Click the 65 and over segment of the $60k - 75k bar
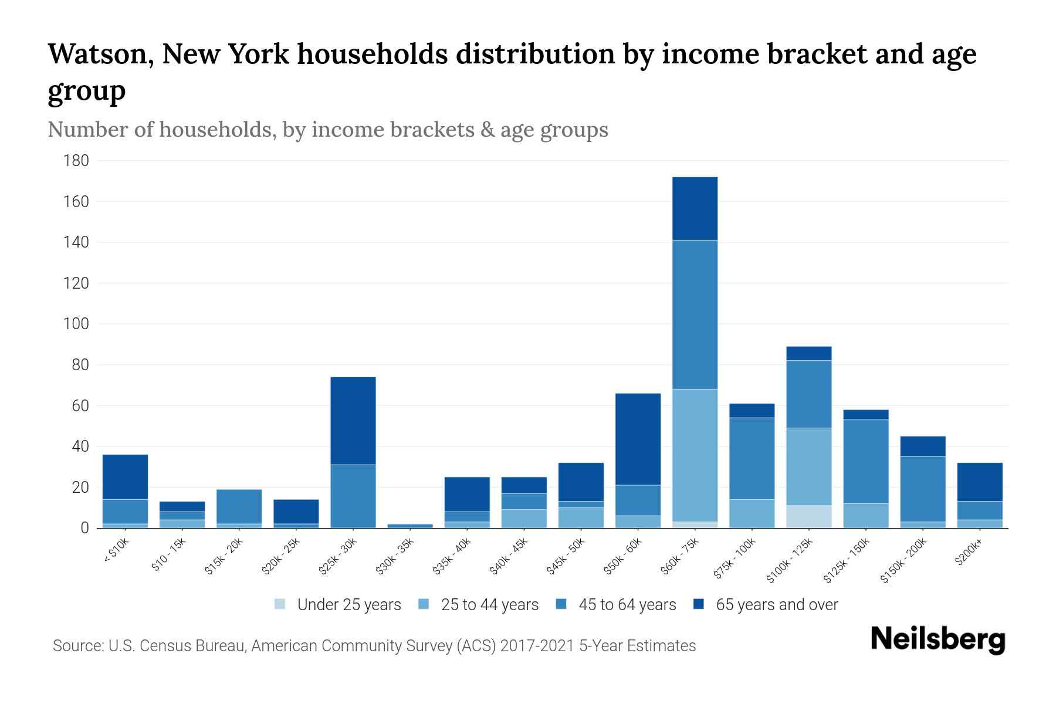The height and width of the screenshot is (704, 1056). (x=695, y=208)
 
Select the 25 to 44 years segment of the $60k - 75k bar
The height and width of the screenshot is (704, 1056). (x=695, y=455)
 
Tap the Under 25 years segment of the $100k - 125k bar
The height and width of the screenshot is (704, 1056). (x=808, y=516)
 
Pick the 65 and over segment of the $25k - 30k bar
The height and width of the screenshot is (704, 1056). (x=353, y=421)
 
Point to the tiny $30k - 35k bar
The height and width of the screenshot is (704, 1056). (x=409, y=526)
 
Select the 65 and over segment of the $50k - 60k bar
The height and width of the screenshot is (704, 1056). (x=638, y=439)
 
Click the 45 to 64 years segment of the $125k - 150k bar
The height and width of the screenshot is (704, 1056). (x=865, y=461)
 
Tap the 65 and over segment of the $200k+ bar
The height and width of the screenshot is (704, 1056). (x=979, y=482)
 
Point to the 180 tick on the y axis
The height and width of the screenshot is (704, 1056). (x=76, y=161)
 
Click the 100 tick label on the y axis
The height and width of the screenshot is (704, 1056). (x=76, y=324)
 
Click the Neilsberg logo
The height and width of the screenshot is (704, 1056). (x=937, y=639)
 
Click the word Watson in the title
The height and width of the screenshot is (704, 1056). (x=100, y=54)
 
